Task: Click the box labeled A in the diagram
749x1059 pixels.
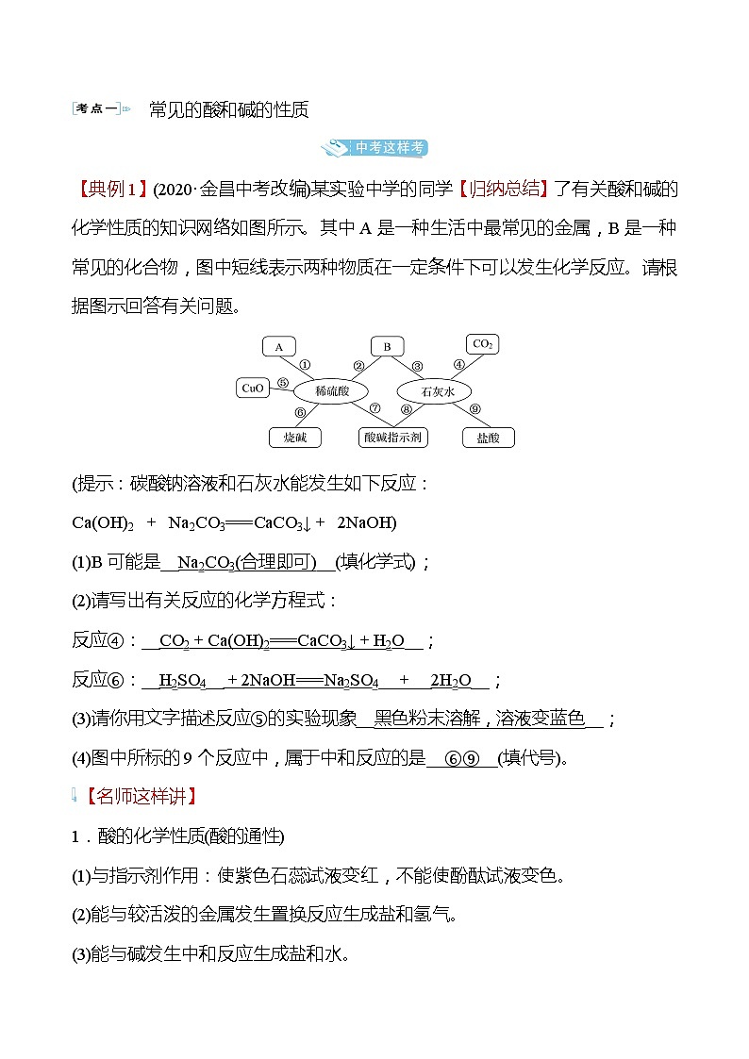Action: click(x=278, y=347)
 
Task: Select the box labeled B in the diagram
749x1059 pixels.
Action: click(x=387, y=347)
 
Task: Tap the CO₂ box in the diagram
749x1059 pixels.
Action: click(x=482, y=345)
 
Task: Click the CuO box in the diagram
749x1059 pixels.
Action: click(x=253, y=388)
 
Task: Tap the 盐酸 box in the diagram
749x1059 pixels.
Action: click(x=488, y=437)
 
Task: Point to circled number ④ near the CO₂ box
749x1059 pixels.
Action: click(x=458, y=364)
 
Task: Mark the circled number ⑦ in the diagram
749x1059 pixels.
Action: click(x=374, y=408)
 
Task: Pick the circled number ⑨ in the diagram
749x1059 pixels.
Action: click(x=474, y=408)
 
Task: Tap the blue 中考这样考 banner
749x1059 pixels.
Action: click(x=374, y=148)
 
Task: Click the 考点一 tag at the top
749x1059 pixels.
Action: click(x=96, y=109)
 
